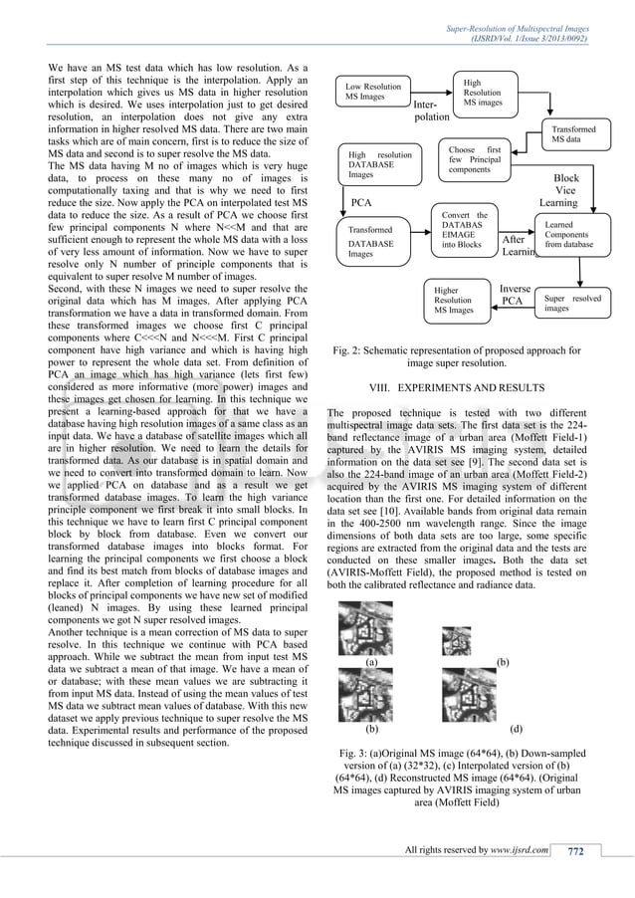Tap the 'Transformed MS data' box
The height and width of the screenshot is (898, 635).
pyautogui.click(x=574, y=135)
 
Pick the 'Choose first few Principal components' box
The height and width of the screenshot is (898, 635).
pyautogui.click(x=475, y=160)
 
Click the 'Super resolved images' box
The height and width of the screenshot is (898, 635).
pyautogui.click(x=574, y=304)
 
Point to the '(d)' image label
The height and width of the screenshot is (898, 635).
pyautogui.click(x=515, y=728)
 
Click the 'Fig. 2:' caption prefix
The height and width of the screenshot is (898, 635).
pyautogui.click(x=346, y=350)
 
